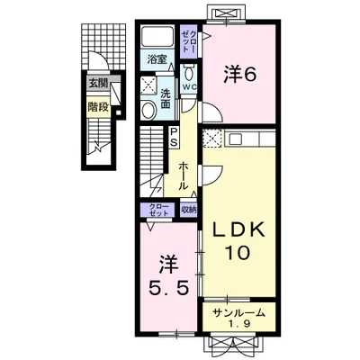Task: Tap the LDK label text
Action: point(238,231)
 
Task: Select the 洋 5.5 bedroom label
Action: point(169,274)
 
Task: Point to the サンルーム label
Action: point(239,313)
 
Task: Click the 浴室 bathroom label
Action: point(157,59)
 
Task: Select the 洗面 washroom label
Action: point(166,99)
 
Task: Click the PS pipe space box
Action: point(174,137)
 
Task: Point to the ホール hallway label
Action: point(182,176)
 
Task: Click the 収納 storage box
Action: point(188,210)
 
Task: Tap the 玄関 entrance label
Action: point(98,84)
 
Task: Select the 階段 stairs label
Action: point(98,106)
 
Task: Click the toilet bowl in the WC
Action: point(189,73)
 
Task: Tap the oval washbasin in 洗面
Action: point(148,110)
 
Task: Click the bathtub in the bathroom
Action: point(157,38)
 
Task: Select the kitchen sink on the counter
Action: point(236,139)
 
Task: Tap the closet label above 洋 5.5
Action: point(157,210)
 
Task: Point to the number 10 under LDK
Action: point(238,252)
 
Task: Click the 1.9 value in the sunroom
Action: point(238,324)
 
